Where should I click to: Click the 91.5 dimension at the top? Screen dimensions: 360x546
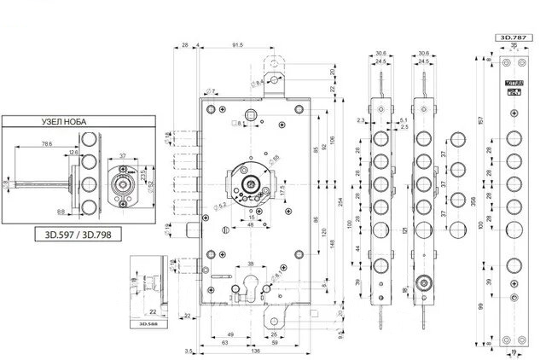pos(236,44)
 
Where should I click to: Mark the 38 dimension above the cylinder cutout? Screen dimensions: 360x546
pos(259,265)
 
